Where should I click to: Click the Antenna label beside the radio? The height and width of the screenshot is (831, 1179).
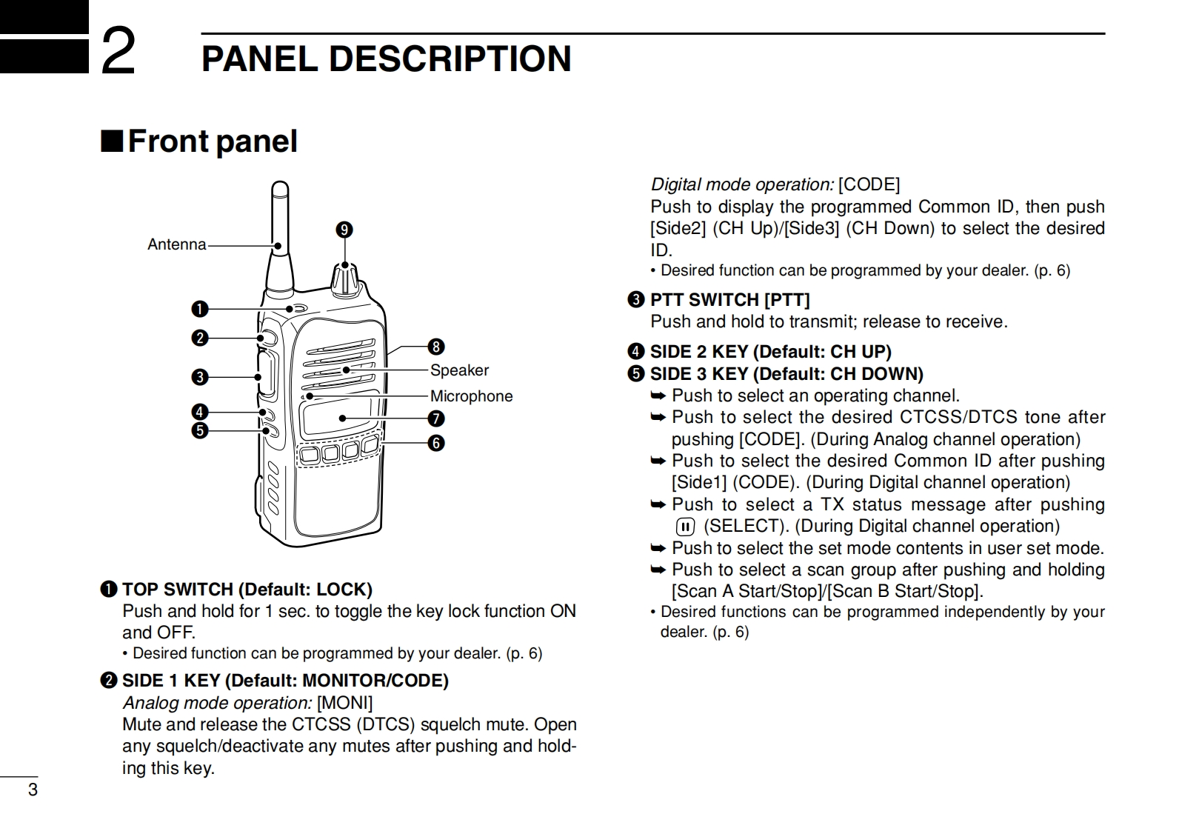pyautogui.click(x=176, y=244)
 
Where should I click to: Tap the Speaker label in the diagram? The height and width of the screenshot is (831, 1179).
pyautogui.click(x=459, y=370)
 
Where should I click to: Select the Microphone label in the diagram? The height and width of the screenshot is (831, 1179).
pyautogui.click(x=471, y=396)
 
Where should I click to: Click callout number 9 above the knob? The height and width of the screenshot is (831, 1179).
pyautogui.click(x=344, y=230)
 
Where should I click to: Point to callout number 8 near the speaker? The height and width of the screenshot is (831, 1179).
pyautogui.click(x=436, y=347)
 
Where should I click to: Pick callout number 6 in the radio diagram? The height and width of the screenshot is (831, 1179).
pyautogui.click(x=436, y=443)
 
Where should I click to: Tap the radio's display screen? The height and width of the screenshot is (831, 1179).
pyautogui.click(x=337, y=417)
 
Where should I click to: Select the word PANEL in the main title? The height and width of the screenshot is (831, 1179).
pyautogui.click(x=260, y=59)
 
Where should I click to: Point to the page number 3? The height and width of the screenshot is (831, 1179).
pyautogui.click(x=33, y=790)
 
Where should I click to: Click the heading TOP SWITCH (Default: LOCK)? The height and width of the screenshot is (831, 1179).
pyautogui.click(x=247, y=590)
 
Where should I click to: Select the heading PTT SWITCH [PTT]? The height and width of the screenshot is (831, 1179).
pyautogui.click(x=729, y=300)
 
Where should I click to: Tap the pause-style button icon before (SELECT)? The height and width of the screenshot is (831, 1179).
pyautogui.click(x=686, y=527)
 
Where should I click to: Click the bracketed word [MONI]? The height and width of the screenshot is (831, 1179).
pyautogui.click(x=344, y=702)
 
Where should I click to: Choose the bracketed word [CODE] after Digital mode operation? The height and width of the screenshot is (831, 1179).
pyautogui.click(x=869, y=184)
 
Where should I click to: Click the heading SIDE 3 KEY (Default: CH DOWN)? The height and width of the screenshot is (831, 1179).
pyautogui.click(x=786, y=374)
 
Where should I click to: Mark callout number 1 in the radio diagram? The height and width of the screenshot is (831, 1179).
pyautogui.click(x=200, y=309)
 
